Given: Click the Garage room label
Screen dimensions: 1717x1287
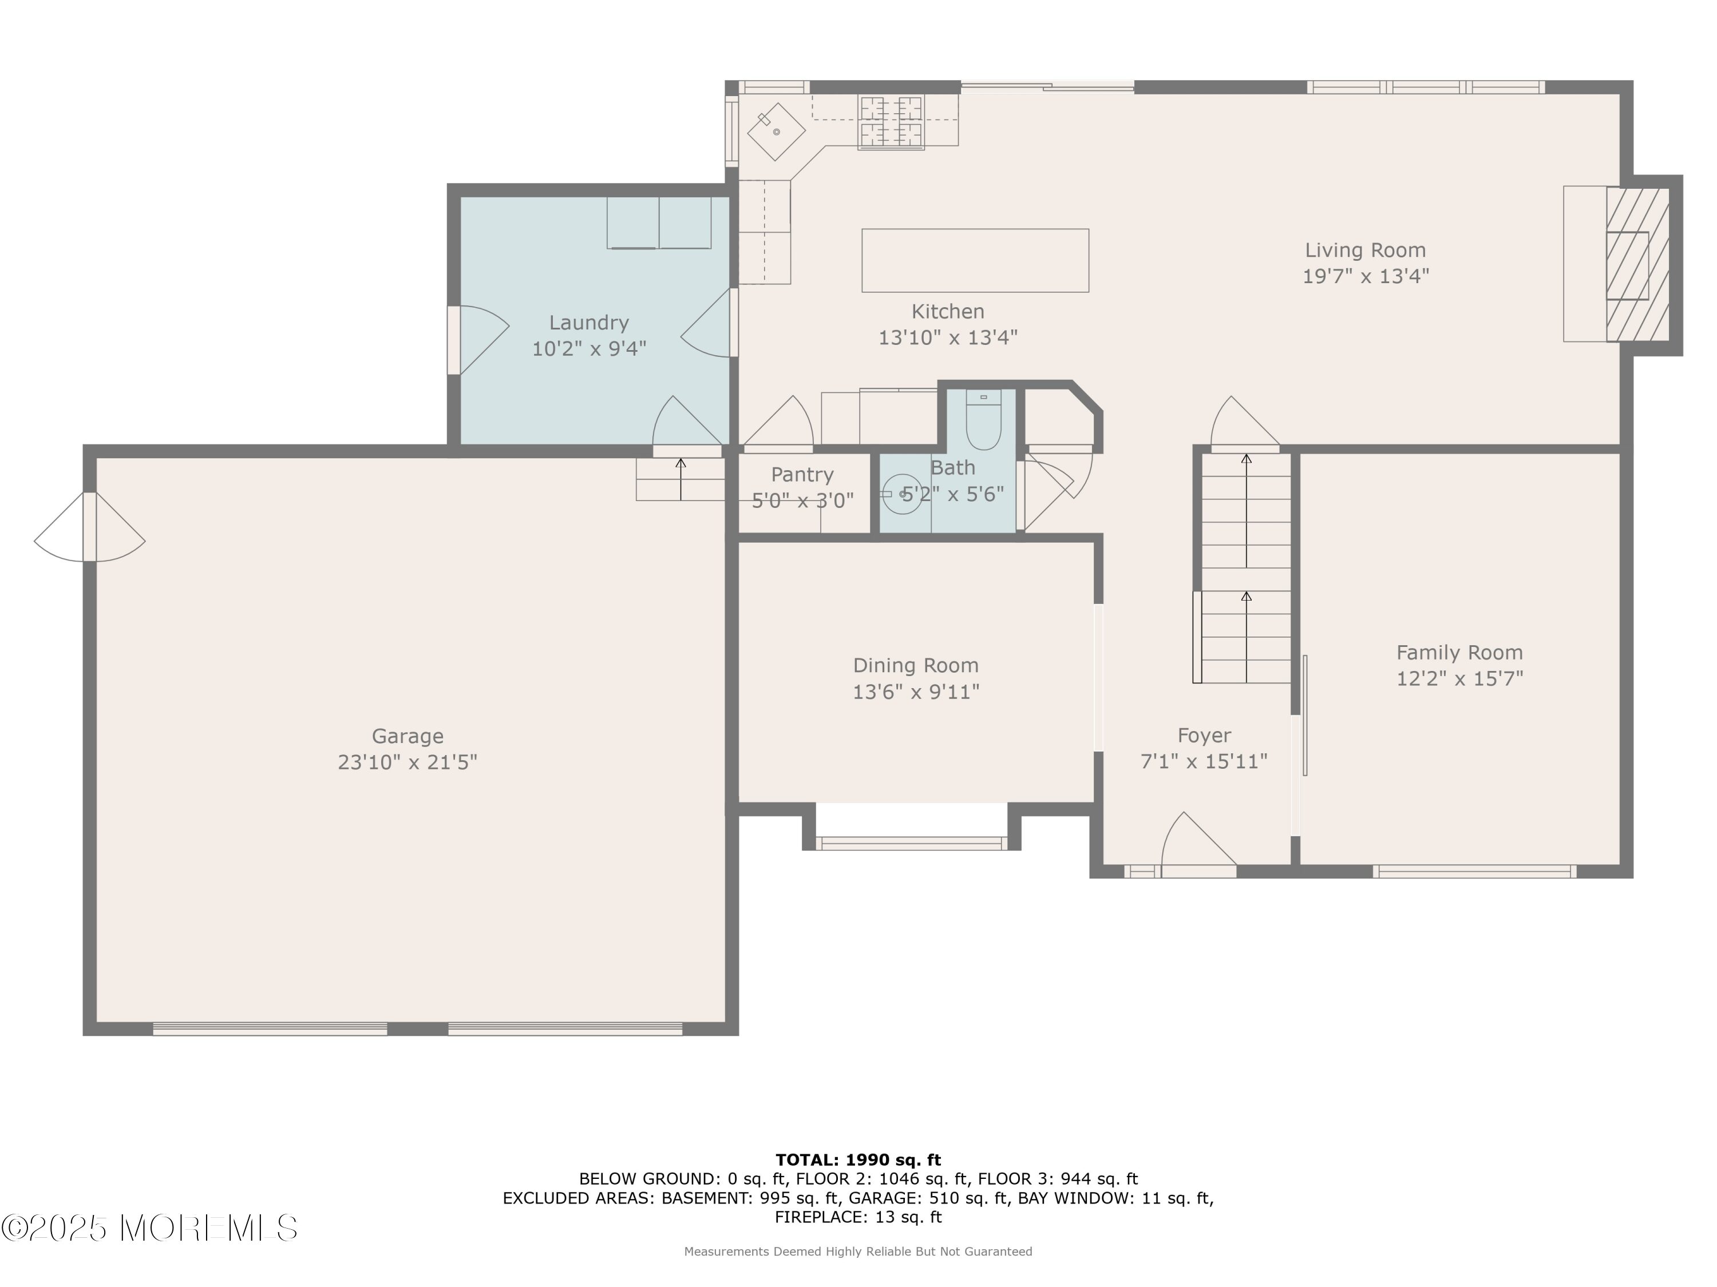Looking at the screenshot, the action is tap(408, 736).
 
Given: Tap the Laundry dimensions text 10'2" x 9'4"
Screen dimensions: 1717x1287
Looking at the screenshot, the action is tap(589, 349).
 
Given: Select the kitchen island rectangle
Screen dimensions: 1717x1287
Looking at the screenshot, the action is tap(975, 261).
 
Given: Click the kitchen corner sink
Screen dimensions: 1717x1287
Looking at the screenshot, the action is tap(776, 132).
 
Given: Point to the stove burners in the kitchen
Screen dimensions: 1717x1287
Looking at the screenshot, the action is tap(891, 121).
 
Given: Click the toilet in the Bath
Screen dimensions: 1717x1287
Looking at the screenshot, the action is tap(983, 420).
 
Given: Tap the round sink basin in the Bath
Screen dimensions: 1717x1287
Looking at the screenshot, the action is tap(902, 494).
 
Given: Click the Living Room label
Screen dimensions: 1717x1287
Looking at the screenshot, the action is tap(1366, 250).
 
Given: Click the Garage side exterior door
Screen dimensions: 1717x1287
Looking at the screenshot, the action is tap(89, 527).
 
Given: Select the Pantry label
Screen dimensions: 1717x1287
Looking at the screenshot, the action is tap(802, 474).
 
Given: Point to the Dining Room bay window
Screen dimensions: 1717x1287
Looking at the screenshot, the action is tap(912, 843).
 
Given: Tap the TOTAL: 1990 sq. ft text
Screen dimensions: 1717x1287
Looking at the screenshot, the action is tap(858, 1160).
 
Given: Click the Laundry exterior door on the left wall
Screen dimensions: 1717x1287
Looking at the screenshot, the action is tap(477, 340).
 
